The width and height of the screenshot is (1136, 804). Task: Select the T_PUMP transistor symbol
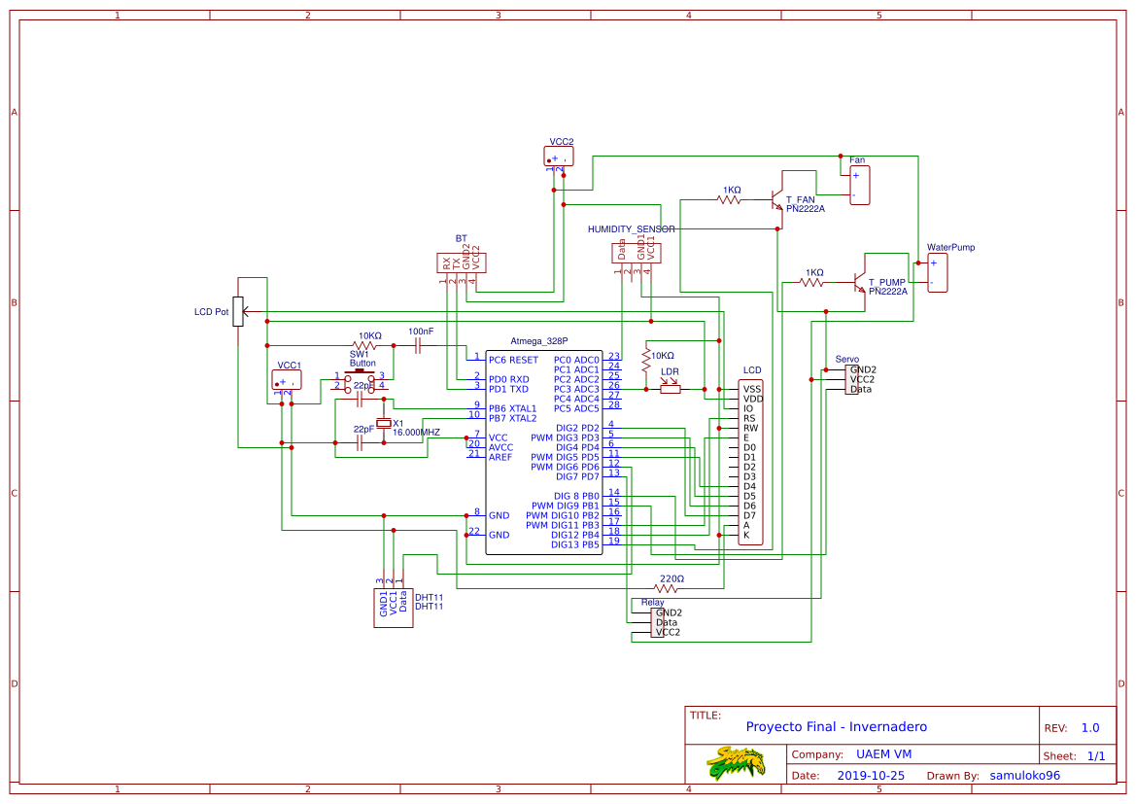(859, 282)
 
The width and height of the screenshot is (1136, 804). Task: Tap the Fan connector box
(859, 185)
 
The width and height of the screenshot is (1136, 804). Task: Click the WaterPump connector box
(937, 272)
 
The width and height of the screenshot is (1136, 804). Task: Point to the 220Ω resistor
(667, 588)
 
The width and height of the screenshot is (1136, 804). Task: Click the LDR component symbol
(671, 389)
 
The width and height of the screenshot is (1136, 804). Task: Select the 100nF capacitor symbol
(420, 345)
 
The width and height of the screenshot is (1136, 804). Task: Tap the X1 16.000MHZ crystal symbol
(384, 423)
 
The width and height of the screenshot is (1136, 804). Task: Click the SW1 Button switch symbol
(361, 380)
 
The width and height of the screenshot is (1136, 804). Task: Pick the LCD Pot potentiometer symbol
(238, 312)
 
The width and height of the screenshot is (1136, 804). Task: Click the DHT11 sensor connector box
(394, 607)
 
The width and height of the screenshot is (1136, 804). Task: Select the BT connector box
(461, 262)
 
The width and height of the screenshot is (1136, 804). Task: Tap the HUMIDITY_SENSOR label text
(631, 228)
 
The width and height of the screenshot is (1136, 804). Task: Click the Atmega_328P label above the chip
(538, 340)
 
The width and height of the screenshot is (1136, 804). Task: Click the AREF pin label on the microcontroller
(500, 457)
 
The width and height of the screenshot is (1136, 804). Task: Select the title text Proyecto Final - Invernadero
(836, 726)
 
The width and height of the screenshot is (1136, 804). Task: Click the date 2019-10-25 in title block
(870, 776)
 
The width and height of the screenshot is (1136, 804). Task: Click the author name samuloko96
(1024, 776)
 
